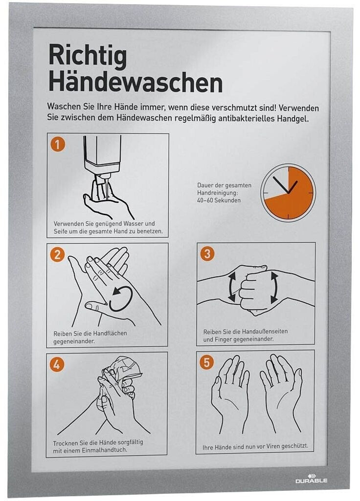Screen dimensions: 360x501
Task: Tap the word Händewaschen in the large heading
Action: (x=135, y=82)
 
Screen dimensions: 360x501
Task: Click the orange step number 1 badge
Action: (x=58, y=144)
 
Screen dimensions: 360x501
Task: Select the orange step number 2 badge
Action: (x=58, y=254)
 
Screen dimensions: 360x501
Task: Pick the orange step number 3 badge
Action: (x=207, y=254)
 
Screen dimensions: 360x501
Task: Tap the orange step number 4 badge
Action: (x=57, y=364)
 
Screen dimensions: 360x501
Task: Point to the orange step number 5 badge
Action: (x=206, y=363)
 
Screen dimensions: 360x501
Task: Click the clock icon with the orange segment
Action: (x=288, y=193)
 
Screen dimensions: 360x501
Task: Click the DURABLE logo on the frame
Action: (x=311, y=478)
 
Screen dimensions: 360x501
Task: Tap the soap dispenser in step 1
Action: (x=102, y=158)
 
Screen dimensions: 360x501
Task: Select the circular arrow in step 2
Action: (x=121, y=299)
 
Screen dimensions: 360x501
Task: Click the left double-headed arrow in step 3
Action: (x=232, y=286)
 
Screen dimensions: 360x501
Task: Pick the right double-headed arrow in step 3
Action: (x=274, y=288)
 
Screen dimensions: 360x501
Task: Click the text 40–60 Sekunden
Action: (x=219, y=200)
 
